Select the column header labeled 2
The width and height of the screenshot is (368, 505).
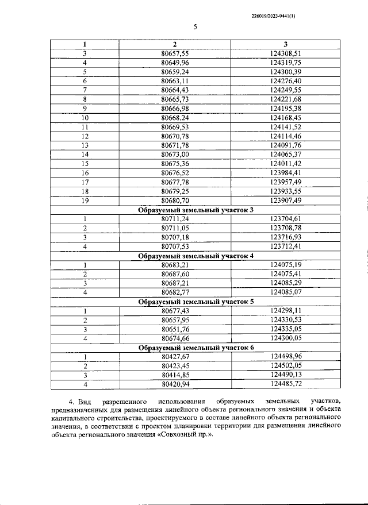(175, 44)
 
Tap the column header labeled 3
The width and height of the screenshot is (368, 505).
(285, 44)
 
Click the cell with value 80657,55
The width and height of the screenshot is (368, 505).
(175, 53)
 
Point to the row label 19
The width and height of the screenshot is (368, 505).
(85, 201)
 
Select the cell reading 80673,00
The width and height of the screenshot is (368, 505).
(175, 155)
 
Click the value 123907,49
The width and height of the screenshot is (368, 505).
(285, 201)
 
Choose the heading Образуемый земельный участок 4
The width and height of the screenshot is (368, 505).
(196, 256)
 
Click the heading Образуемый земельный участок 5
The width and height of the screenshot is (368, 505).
(196, 301)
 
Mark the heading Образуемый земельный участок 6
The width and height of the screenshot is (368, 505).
(196, 347)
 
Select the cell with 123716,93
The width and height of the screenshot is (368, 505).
(285, 237)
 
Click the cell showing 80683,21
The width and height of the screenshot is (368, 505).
(175, 265)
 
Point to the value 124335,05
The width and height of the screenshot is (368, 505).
(285, 329)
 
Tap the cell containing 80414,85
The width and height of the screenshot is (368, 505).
(175, 375)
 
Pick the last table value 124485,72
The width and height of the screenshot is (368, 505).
(285, 384)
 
